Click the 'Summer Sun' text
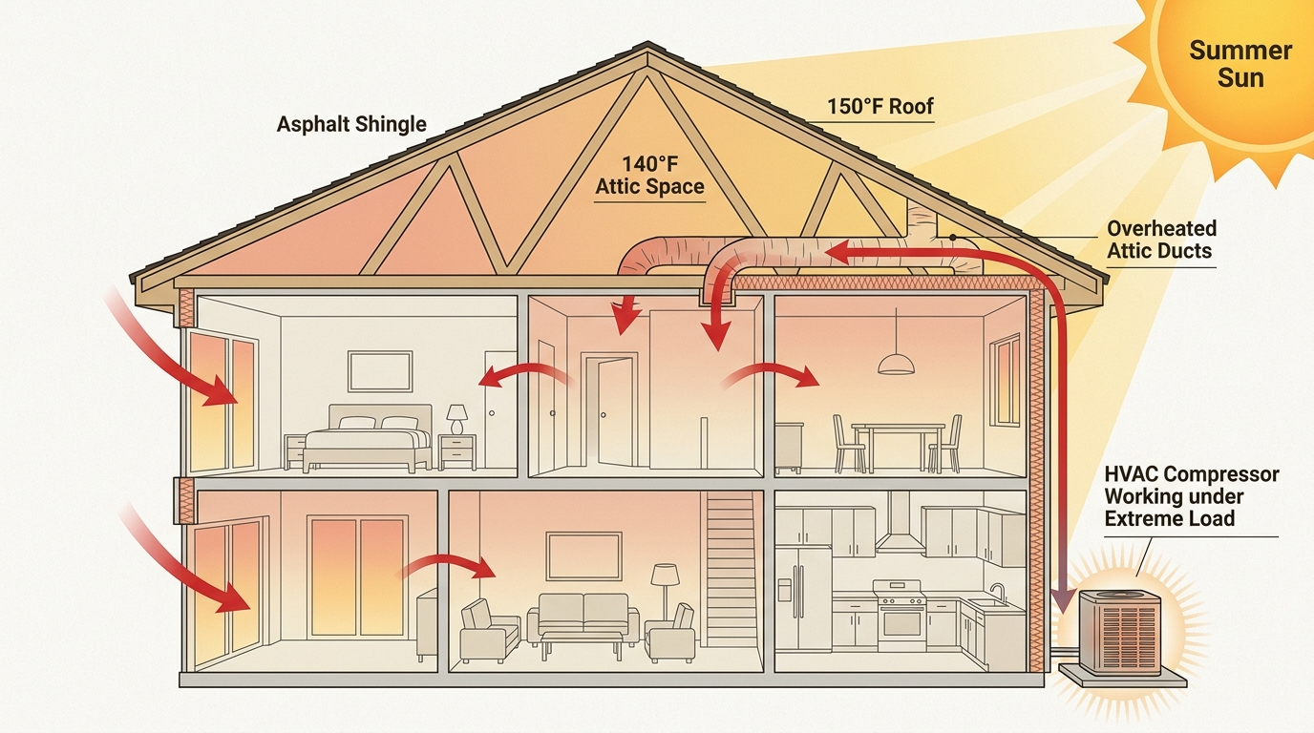(x=1240, y=64)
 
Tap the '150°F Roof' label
(x=880, y=106)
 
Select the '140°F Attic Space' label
(x=649, y=176)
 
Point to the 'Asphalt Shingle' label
(x=351, y=124)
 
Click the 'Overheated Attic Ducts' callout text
(x=1161, y=240)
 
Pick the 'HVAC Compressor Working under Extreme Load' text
(x=1190, y=496)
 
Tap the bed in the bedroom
(x=368, y=441)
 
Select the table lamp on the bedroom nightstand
(x=457, y=417)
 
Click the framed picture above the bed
(x=380, y=370)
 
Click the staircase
(x=731, y=573)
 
